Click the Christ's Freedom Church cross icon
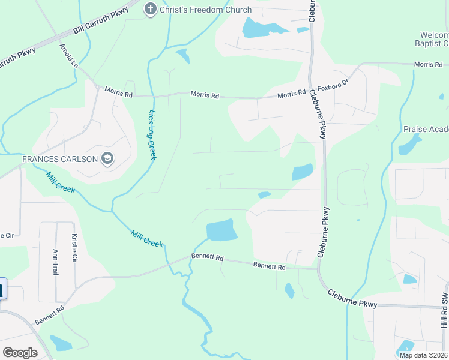[x=150, y=9]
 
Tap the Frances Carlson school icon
[x=108, y=159]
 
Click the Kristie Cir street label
[x=75, y=248]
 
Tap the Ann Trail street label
[x=55, y=262]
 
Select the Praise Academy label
[x=426, y=129]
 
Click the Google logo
[x=20, y=352]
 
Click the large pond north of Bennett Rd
[x=221, y=230]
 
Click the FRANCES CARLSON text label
[x=61, y=159]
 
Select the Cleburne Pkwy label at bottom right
[x=352, y=298]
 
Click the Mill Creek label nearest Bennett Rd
[x=147, y=238]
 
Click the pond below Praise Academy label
[x=410, y=145]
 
